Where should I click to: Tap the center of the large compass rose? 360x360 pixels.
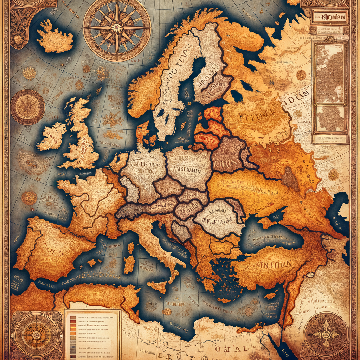pos(117,27)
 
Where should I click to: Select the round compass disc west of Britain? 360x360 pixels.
pos(27,107)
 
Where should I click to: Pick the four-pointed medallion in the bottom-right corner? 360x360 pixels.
pos(325,334)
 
